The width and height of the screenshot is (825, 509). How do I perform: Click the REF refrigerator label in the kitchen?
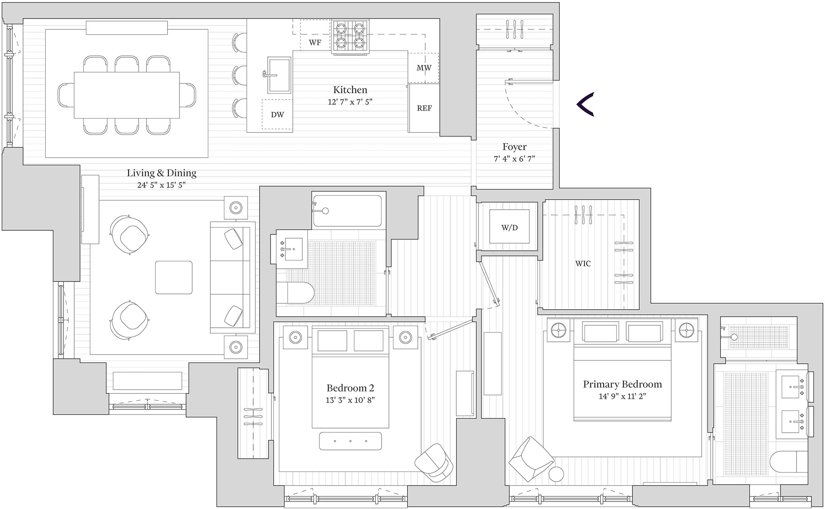tap(424, 108)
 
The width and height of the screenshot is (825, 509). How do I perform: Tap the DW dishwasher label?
tap(277, 115)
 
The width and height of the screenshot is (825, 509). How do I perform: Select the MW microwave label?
tap(424, 68)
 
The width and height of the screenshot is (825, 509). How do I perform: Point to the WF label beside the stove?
tap(315, 43)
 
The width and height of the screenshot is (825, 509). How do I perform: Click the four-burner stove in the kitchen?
tap(350, 36)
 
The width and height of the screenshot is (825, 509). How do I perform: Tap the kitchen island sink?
tap(279, 75)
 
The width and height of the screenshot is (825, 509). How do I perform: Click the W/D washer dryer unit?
tap(509, 227)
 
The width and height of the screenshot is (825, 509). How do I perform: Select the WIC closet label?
tap(583, 263)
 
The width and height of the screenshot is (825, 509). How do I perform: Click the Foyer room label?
tap(514, 147)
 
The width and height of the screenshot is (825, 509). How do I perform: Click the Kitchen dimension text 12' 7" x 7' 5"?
tap(350, 102)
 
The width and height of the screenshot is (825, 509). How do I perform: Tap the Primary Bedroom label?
tap(622, 384)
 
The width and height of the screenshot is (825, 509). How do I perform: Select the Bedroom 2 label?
tap(350, 388)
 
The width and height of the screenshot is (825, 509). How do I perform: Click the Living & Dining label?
tap(161, 173)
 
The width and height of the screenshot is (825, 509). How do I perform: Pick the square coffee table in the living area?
tap(174, 277)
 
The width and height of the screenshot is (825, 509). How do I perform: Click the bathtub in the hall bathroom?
tap(349, 210)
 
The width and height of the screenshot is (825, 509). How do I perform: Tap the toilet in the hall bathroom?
tap(295, 293)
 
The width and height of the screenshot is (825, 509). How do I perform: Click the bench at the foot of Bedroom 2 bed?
tap(350, 441)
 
